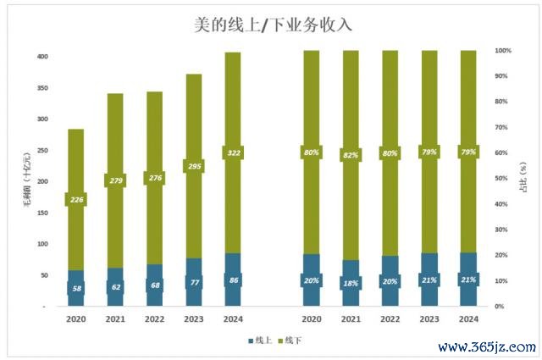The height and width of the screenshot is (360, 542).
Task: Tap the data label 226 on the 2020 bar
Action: [x=76, y=200]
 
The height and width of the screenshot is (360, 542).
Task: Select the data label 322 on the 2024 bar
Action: [x=234, y=152]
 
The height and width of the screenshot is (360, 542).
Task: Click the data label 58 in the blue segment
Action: [x=76, y=289]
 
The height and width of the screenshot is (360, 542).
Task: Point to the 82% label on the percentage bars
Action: [x=351, y=155]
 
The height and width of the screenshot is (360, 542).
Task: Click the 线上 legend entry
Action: [x=261, y=340]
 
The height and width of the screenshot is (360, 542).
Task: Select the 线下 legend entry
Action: [x=289, y=340]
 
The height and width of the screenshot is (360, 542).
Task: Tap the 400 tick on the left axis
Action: [x=41, y=57]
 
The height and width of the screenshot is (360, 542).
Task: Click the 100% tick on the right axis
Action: [x=502, y=51]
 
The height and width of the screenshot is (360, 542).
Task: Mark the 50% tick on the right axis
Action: [x=502, y=179]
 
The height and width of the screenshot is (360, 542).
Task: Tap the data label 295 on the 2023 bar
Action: [x=194, y=166]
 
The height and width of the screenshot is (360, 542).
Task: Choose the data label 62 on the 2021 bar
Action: [x=116, y=288]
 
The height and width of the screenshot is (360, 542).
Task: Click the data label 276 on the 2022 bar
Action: [x=154, y=178]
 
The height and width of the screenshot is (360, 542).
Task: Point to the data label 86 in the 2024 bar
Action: [x=234, y=279]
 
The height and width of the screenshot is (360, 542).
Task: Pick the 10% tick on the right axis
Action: [x=502, y=281]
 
